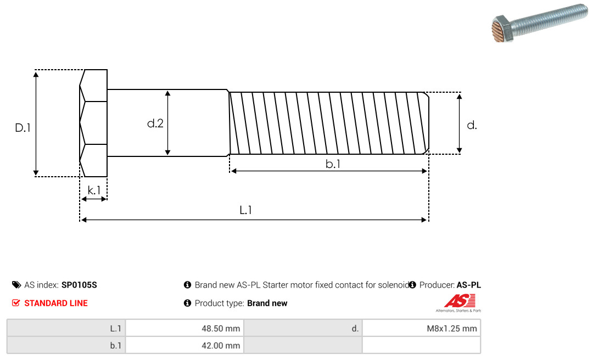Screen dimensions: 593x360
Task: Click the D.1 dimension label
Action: [x=23, y=128]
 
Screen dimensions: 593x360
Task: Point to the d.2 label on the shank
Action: [x=155, y=123]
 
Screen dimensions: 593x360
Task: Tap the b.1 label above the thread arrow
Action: [x=333, y=164]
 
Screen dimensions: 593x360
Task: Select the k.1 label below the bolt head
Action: [x=94, y=190]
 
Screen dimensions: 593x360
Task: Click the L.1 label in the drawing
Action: [x=246, y=210]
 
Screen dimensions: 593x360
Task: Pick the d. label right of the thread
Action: [x=472, y=125]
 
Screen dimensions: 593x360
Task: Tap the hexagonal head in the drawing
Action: [x=93, y=123]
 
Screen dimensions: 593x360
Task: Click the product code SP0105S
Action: [x=79, y=285]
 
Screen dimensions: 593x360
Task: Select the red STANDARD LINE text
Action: [x=56, y=303]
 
